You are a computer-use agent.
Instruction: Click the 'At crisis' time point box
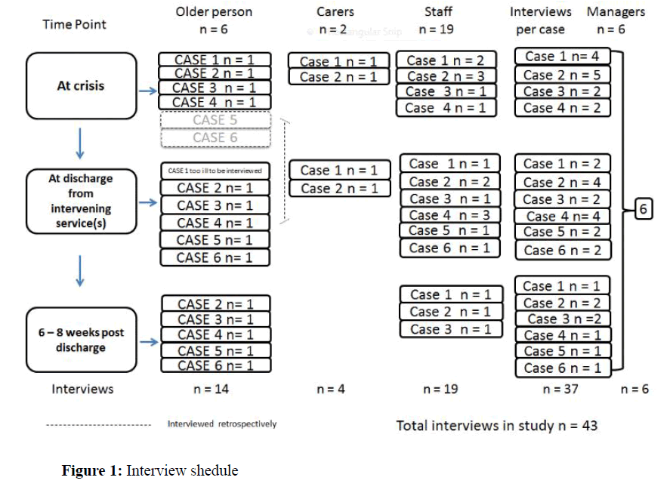[80, 86]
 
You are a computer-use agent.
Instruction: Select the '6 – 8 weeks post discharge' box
[80, 340]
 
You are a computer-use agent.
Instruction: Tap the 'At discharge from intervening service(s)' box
[80, 200]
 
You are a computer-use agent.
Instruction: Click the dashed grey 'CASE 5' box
[215, 121]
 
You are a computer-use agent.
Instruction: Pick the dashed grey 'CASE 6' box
[215, 137]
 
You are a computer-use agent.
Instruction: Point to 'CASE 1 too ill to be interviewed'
[215, 171]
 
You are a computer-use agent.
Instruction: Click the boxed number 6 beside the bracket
[642, 209]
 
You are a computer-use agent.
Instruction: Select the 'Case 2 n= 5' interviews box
[562, 75]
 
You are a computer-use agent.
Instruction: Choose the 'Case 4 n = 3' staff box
[449, 215]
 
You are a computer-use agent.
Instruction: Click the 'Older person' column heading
[214, 12]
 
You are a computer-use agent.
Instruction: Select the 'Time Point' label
[74, 24]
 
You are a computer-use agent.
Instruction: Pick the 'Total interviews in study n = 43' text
[496, 426]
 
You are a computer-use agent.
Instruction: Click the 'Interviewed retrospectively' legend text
[222, 424]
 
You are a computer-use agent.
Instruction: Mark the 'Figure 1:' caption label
[91, 471]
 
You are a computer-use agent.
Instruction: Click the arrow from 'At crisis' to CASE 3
[149, 90]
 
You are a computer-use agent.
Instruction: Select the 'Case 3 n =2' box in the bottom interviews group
[563, 319]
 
